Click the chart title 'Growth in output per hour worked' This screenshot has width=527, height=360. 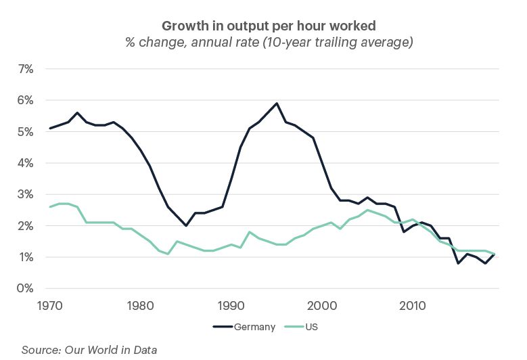269,26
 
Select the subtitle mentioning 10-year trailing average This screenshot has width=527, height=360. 269,43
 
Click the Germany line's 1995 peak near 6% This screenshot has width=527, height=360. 277,104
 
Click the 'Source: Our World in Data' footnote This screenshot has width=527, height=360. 89,349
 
